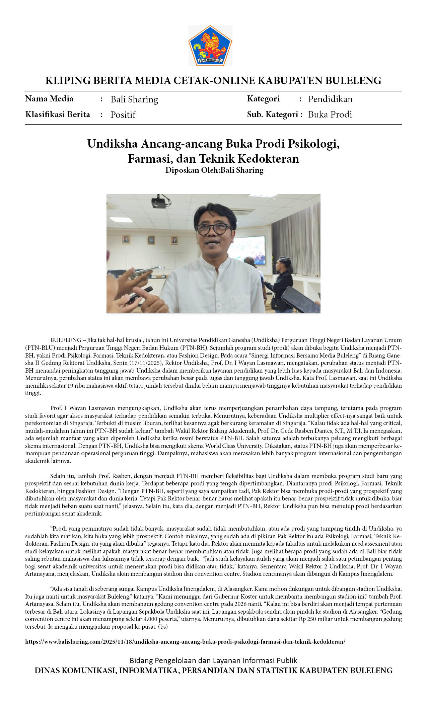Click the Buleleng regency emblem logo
[210, 46]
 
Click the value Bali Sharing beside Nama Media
[134, 99]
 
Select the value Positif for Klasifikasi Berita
[123, 115]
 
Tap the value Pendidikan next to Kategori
[330, 99]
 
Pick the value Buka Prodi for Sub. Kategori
[330, 114]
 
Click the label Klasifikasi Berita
[58, 114]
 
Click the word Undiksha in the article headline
[112, 144]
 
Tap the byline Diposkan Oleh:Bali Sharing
[214, 170]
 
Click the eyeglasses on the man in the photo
[214, 229]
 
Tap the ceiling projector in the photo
[159, 202]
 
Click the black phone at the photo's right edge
[300, 299]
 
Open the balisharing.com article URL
[185, 642]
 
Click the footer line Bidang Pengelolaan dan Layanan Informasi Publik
[213, 660]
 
